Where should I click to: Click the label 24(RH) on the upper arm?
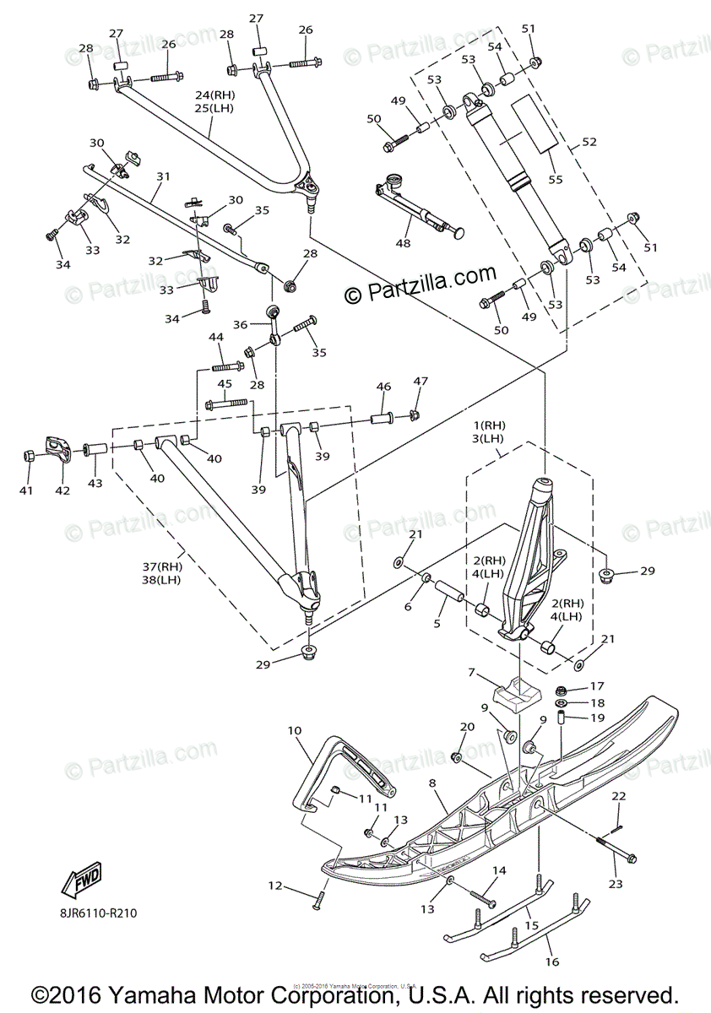click(x=212, y=95)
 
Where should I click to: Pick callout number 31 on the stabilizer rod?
click(x=163, y=176)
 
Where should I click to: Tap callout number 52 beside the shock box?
click(x=589, y=142)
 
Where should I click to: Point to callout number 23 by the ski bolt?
click(x=615, y=884)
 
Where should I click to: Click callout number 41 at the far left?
click(x=26, y=490)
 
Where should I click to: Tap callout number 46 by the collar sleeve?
click(x=383, y=387)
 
